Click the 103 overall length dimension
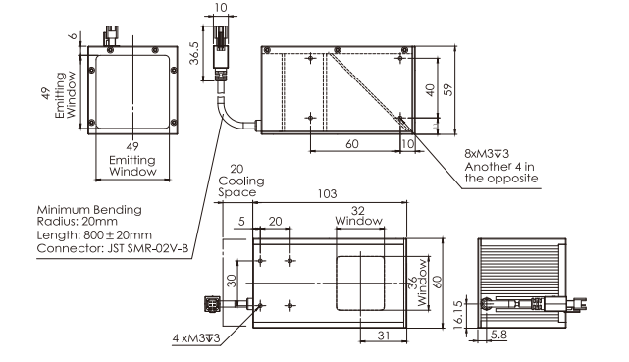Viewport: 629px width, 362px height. point(327,193)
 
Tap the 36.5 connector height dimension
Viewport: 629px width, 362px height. point(194,53)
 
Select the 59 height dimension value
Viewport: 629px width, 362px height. point(448,89)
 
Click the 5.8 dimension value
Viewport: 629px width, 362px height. point(498,335)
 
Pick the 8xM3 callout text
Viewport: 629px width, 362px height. point(487,154)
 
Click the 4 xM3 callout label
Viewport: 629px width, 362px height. point(196,338)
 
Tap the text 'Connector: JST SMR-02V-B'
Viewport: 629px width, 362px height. point(113,248)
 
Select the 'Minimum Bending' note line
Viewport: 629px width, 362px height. point(89,210)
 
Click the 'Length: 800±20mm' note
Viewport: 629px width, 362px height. point(94,234)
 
